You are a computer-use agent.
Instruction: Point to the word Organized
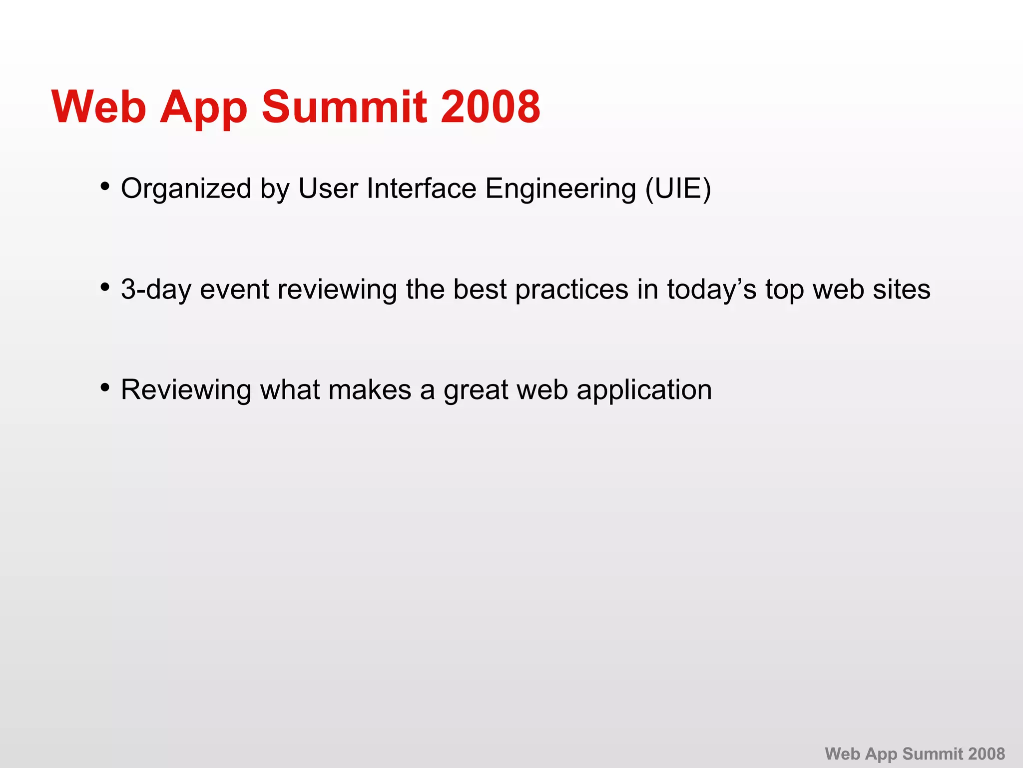[x=186, y=189]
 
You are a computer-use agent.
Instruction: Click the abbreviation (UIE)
[x=678, y=189]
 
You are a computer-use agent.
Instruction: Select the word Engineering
[x=560, y=189]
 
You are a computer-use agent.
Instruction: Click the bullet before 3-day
[x=105, y=287]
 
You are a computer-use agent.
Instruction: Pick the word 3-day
[x=156, y=290]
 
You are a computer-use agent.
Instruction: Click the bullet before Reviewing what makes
[x=105, y=387]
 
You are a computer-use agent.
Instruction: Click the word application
[x=644, y=390]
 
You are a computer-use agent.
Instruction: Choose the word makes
[x=370, y=390]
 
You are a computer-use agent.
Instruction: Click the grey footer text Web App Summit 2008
[x=915, y=753]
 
